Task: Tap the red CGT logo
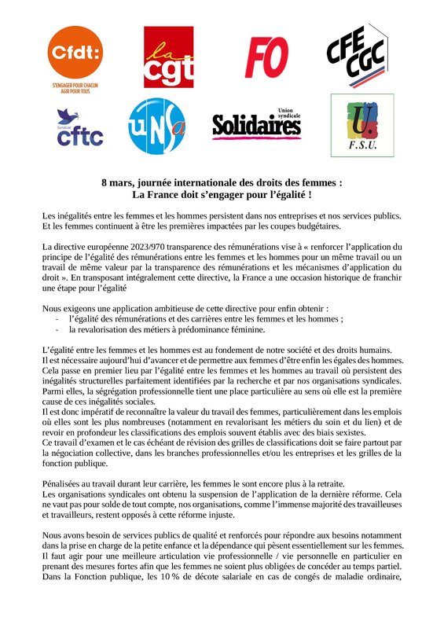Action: (168, 57)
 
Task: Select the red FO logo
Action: (266, 56)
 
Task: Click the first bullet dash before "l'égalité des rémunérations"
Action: (57, 320)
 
